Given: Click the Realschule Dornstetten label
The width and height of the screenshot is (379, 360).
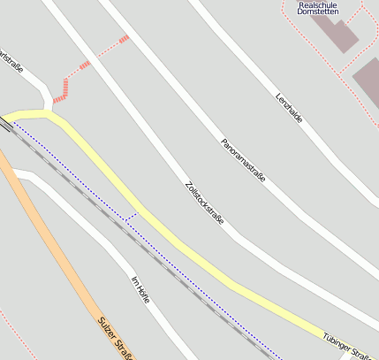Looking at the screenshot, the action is tap(316, 7).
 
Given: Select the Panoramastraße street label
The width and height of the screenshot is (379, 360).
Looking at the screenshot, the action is tap(243, 160).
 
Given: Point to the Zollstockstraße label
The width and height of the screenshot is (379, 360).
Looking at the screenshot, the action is tap(205, 203).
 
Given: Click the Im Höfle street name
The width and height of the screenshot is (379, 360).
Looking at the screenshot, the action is tap(140, 291).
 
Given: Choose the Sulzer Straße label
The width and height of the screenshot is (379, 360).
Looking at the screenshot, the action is tap(116, 340).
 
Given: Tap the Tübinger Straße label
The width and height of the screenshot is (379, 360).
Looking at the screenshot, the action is tap(347, 348).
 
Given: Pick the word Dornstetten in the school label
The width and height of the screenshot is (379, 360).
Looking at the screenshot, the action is tap(317, 11).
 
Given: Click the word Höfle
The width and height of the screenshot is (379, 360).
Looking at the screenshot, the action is tap(143, 295).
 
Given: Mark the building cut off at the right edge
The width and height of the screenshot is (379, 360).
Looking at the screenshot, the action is tap(368, 80).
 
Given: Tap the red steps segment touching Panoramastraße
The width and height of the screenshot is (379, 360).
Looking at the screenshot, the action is tap(124, 39).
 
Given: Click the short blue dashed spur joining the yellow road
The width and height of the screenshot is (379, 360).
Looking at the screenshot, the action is tap(131, 216).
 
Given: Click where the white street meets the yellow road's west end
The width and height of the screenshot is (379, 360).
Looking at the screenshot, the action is tap(46, 111).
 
